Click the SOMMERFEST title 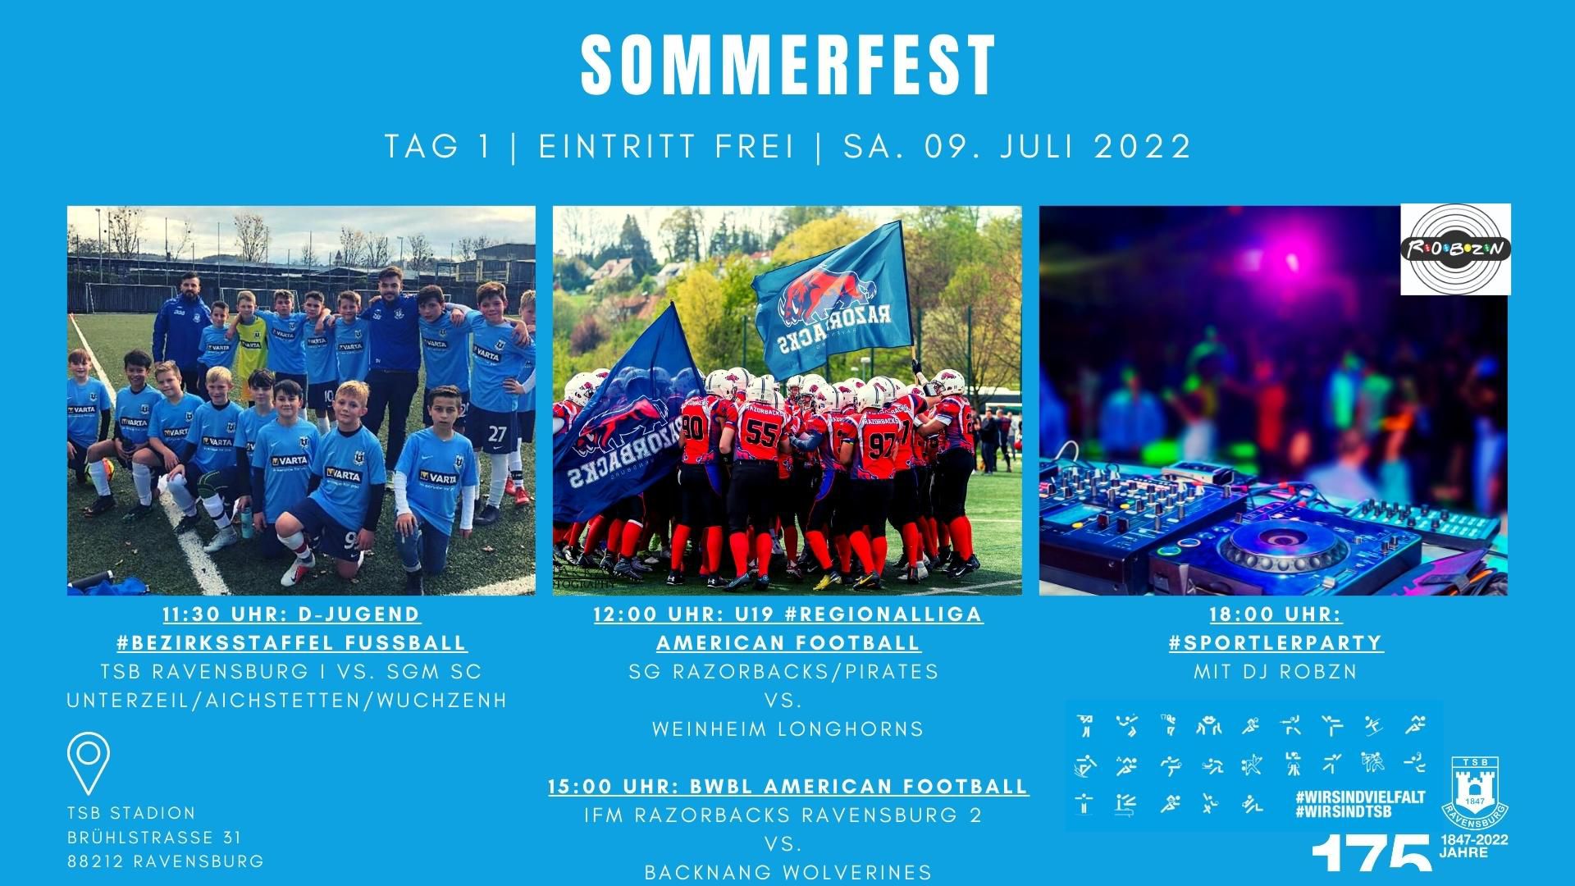[788, 66]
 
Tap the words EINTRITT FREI [666, 147]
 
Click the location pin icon [89, 763]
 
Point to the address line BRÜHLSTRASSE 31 [154, 838]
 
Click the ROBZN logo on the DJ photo [1455, 249]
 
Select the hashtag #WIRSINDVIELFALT [1358, 797]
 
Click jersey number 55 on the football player [762, 434]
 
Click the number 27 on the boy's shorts [497, 434]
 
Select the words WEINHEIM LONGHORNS [787, 728]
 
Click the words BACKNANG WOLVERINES [788, 872]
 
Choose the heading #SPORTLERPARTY [1276, 642]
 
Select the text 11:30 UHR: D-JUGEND [291, 614]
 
